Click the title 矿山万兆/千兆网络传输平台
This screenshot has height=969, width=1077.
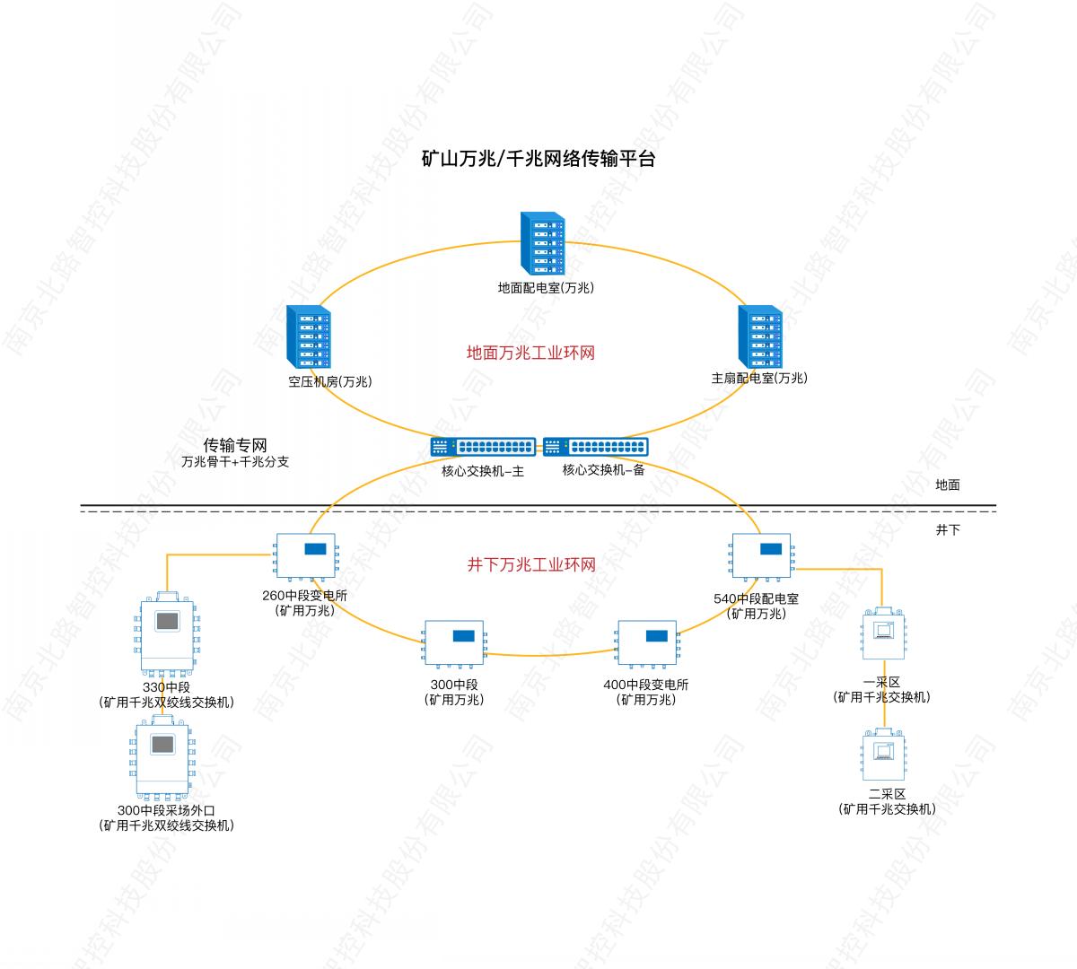click(x=538, y=160)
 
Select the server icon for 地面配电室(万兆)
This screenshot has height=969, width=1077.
click(x=542, y=243)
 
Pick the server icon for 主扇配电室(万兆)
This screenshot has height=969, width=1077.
click(x=759, y=336)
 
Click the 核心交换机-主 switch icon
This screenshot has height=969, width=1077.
click(x=483, y=447)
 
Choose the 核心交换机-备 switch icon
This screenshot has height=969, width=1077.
click(x=595, y=447)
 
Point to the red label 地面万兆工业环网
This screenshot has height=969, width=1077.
click(x=530, y=353)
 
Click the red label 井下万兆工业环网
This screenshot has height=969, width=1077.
click(x=530, y=565)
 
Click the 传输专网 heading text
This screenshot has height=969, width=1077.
click(x=235, y=445)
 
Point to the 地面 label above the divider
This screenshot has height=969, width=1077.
click(x=948, y=485)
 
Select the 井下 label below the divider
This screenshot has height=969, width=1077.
click(x=948, y=530)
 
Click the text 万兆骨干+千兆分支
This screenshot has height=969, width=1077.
click(x=235, y=463)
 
